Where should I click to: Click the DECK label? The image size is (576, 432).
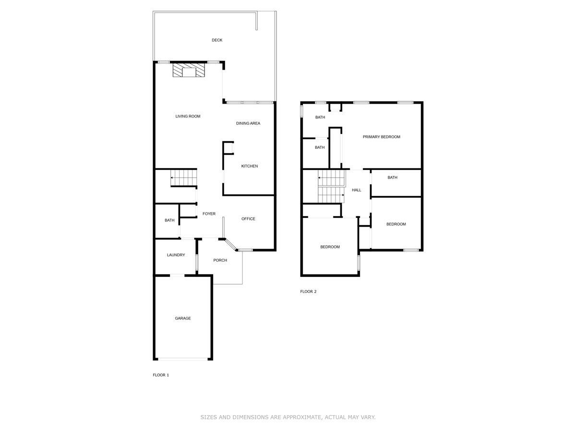(217, 40)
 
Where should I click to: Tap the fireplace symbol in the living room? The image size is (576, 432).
(189, 71)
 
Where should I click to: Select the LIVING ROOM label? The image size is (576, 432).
(188, 116)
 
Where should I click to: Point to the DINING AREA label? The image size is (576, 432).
(248, 123)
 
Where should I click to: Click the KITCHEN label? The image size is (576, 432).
(249, 166)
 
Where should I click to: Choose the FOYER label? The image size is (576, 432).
(209, 214)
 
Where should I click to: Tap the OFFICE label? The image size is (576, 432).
(248, 219)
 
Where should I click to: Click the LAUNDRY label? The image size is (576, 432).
(176, 255)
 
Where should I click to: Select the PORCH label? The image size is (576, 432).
(220, 260)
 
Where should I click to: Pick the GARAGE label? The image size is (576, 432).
(182, 318)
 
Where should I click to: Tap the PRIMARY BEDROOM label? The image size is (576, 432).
(381, 137)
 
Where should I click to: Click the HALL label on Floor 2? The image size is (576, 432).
(356, 190)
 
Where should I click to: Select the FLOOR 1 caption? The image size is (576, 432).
(161, 375)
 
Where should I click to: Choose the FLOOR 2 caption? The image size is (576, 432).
(308, 291)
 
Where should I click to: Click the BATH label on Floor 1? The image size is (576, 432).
(169, 220)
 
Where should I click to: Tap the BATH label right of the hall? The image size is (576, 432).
(392, 178)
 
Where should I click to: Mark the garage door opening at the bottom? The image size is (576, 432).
(183, 359)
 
